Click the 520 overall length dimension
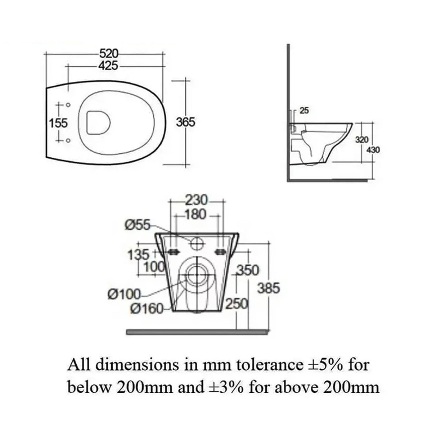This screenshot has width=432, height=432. [109, 54]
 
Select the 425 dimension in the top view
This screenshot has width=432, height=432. [108, 66]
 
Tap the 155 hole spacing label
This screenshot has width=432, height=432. [58, 123]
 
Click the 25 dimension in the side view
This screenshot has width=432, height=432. [304, 111]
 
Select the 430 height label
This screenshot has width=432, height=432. [373, 150]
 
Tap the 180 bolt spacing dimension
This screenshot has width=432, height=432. [196, 215]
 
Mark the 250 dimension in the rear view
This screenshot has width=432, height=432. [237, 305]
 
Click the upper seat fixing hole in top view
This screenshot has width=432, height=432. [68, 105]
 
